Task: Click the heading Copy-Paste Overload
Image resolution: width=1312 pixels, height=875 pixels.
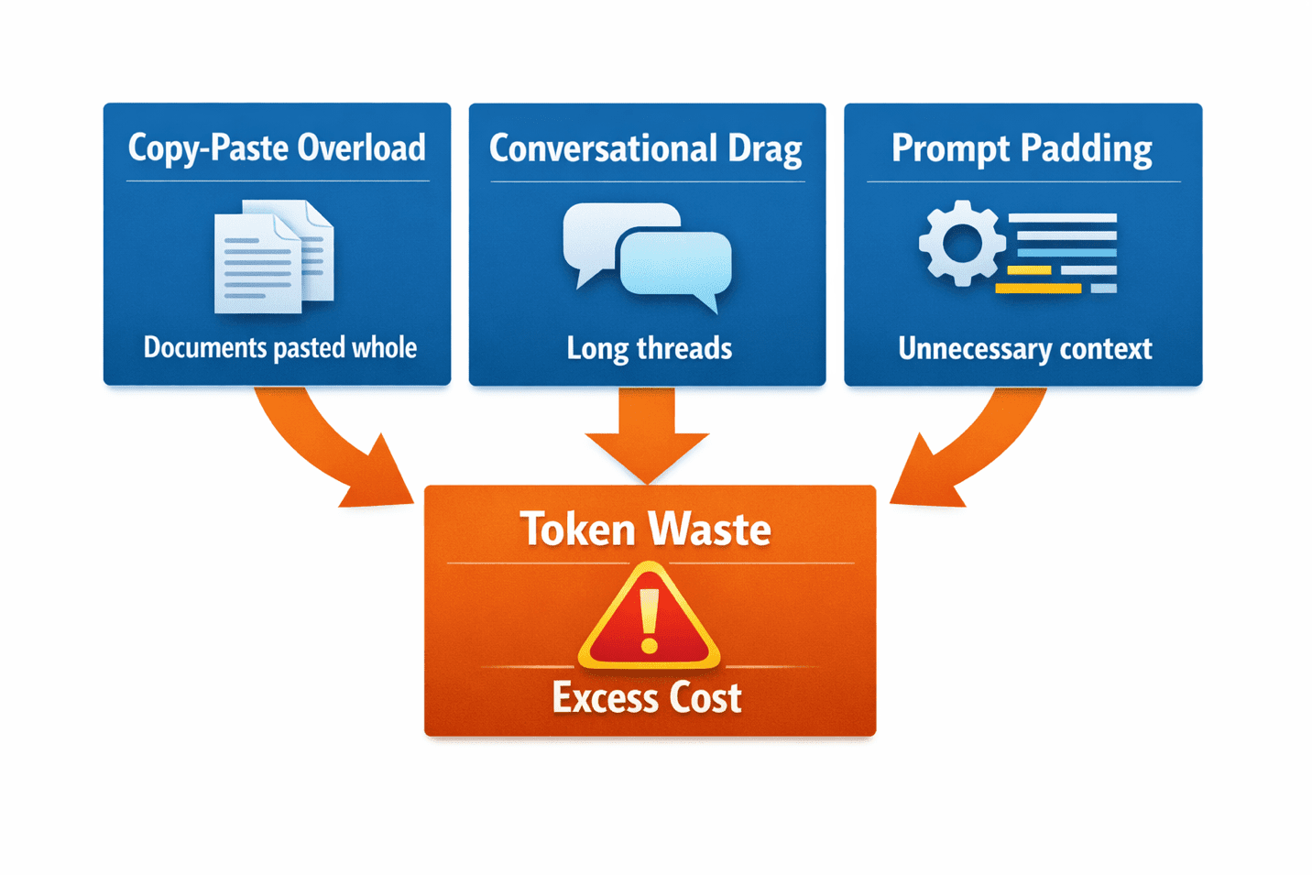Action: [x=277, y=148]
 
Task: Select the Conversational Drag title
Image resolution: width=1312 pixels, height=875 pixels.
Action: [x=645, y=149]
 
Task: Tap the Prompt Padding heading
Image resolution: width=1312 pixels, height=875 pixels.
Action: [x=1022, y=149]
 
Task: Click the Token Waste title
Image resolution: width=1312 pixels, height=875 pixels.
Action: [x=646, y=530]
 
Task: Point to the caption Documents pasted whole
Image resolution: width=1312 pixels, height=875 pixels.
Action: [x=279, y=348]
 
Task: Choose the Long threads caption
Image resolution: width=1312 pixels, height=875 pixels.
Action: [x=649, y=349]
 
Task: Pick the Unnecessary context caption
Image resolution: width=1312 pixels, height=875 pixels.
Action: [x=1024, y=349]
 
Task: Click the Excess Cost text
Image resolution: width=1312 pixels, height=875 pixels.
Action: [x=647, y=698]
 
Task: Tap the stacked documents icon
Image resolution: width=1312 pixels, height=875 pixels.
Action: [x=273, y=257]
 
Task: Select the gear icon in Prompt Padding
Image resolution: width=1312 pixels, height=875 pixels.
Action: [x=962, y=244]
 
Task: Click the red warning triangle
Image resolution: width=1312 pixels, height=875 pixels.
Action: [x=649, y=619]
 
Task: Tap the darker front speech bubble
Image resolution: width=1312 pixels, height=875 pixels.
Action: [x=676, y=264]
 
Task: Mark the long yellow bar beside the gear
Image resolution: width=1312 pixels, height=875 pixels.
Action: [x=1038, y=289]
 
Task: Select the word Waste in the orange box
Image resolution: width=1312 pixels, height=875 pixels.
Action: [x=709, y=530]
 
